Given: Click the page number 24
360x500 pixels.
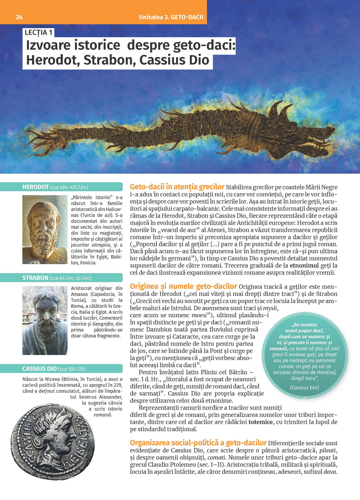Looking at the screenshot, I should (19, 17).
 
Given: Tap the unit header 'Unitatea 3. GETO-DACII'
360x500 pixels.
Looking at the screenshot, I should (171, 17).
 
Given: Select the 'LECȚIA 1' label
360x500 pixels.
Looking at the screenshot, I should (39, 33).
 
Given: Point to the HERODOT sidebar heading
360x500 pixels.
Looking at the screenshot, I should (36, 187).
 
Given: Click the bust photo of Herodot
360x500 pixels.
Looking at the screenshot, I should (45, 229).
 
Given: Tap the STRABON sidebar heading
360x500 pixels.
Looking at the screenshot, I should (35, 278).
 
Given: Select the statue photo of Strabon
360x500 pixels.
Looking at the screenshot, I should (45, 320).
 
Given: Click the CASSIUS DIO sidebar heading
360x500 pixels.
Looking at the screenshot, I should (40, 369).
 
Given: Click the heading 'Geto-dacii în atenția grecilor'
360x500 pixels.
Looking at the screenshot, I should (177, 187).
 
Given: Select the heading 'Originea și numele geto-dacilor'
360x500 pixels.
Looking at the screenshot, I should (183, 286).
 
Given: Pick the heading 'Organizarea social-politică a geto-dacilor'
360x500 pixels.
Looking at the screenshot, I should (198, 443).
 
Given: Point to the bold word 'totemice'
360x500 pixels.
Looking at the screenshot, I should (260, 422).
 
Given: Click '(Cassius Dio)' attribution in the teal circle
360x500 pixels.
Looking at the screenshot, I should (304, 387).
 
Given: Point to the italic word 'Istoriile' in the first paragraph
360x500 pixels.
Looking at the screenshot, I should (139, 230).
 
